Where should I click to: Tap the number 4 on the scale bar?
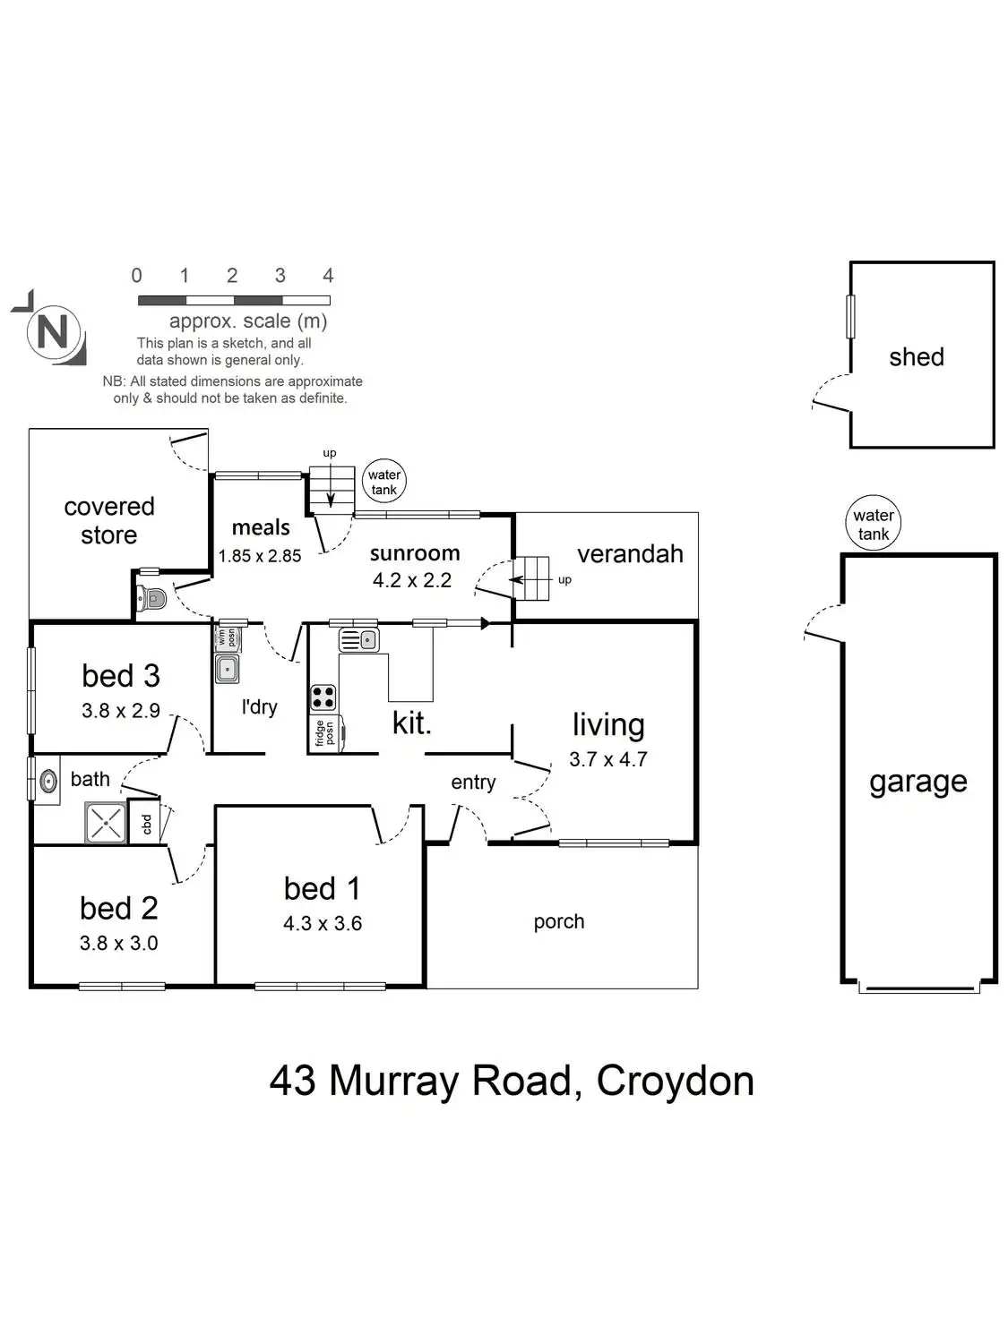tap(328, 276)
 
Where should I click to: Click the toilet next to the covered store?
tap(151, 597)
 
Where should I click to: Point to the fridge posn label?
tap(324, 733)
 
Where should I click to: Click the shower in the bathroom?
tap(106, 822)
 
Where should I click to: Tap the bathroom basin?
tap(48, 781)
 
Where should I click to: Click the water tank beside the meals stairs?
tap(384, 481)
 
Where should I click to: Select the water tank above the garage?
tap(873, 523)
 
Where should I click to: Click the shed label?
tap(917, 356)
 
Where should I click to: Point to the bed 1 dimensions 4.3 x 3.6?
tap(323, 923)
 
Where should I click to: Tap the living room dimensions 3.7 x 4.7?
tap(607, 759)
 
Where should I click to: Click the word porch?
tap(559, 922)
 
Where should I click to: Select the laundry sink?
tap(227, 669)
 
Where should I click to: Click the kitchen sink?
tap(358, 640)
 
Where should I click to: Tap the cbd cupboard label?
tap(147, 824)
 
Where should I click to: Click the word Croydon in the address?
tap(675, 1082)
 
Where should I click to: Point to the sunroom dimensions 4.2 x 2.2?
tap(412, 580)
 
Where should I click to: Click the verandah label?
tap(630, 553)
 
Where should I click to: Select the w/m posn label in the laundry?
tap(227, 637)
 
